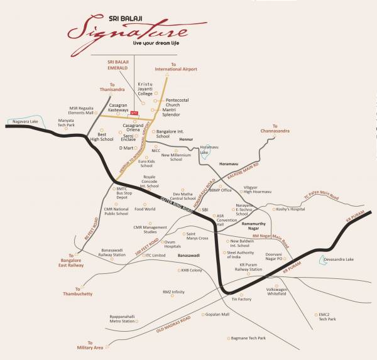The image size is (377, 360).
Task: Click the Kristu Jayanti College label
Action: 150,90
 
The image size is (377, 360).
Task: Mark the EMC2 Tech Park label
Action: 326,316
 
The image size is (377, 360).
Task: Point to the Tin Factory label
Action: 242,299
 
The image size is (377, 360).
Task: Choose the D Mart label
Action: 128,148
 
